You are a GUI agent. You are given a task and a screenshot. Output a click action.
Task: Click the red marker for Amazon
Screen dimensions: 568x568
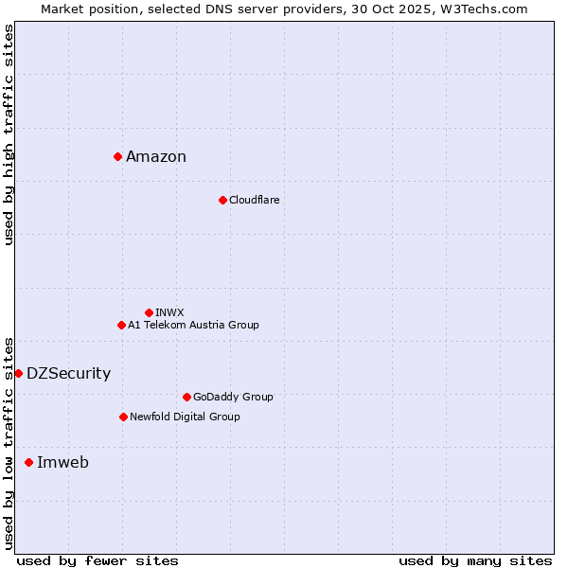[117, 156]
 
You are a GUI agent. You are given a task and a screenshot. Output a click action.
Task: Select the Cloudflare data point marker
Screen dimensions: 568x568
[222, 200]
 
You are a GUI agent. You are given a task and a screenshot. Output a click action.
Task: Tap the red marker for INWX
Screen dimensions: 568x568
[149, 312]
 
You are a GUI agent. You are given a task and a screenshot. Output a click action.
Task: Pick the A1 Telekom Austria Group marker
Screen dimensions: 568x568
[121, 325]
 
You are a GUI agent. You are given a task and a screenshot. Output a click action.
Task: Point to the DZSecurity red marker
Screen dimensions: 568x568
[18, 373]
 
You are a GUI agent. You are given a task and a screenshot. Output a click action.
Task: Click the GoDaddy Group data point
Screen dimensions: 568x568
[186, 397]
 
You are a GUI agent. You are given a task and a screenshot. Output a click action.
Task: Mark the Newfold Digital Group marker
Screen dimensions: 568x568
[123, 417]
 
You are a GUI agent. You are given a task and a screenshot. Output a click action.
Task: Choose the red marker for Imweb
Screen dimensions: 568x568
[28, 462]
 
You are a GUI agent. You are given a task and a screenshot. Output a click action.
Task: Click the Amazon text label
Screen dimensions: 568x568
[156, 157]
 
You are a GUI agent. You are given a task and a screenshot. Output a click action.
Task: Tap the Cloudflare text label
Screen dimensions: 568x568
[254, 200]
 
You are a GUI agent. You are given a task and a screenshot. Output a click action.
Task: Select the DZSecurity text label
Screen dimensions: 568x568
[68, 374]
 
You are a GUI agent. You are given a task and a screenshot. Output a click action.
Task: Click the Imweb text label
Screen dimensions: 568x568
[62, 463]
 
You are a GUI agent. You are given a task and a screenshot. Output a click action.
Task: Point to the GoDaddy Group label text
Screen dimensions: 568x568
[233, 397]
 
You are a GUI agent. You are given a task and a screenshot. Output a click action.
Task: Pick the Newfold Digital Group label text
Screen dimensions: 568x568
[185, 417]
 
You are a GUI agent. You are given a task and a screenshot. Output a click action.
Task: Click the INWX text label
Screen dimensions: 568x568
[169, 312]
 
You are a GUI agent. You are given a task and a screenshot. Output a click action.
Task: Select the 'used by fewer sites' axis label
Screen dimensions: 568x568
[98, 560]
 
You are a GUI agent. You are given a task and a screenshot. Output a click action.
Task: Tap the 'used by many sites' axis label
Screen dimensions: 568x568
[475, 560]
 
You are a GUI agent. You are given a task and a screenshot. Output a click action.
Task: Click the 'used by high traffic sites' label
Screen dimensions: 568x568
[9, 134]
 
